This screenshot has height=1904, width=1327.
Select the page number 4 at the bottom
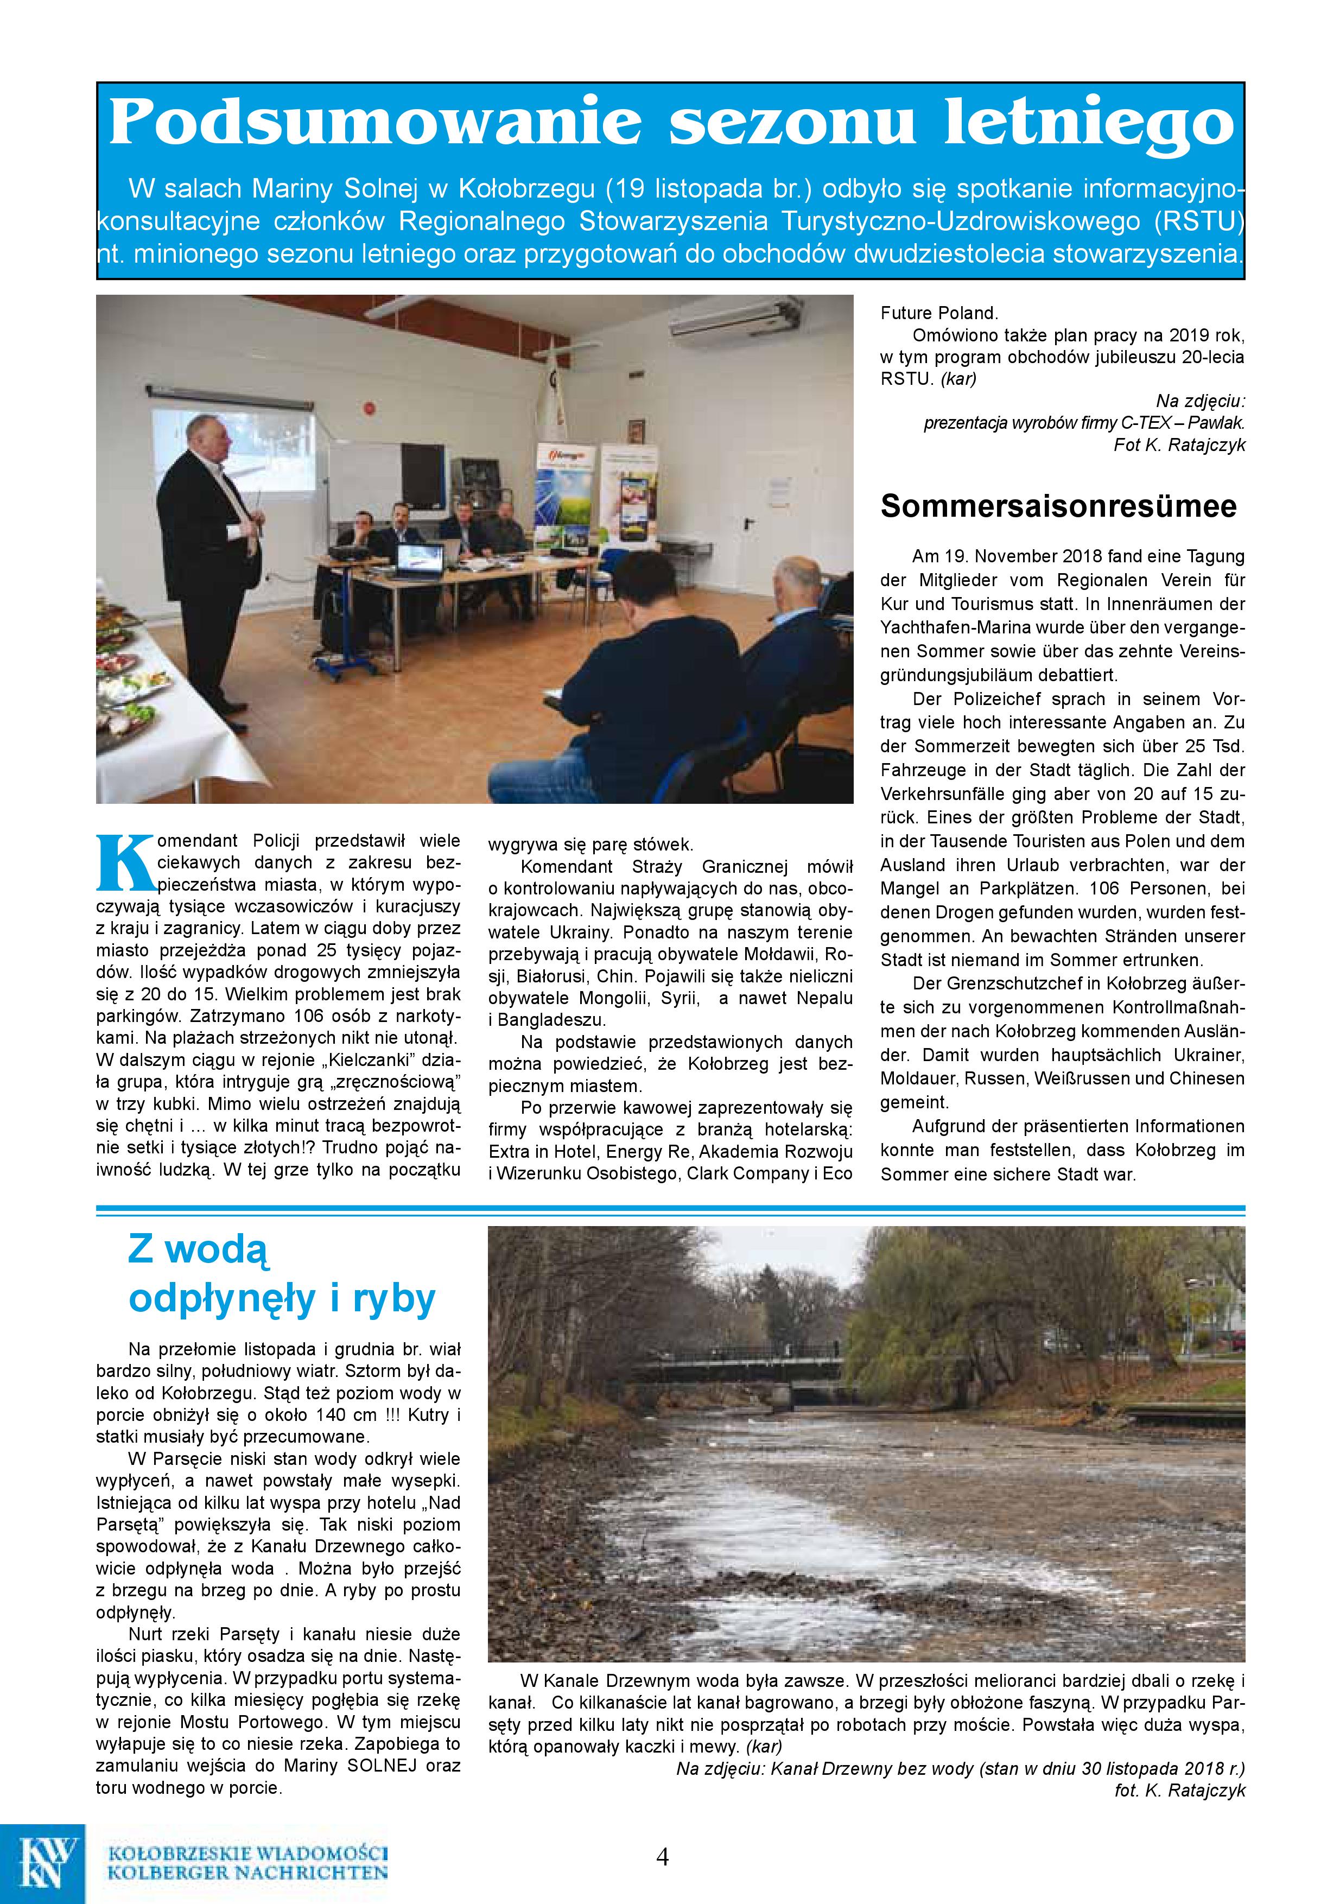tap(662, 1856)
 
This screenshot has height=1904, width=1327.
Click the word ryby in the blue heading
tap(394, 1299)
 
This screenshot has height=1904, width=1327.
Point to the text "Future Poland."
tap(939, 314)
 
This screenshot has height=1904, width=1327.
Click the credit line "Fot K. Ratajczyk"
tap(1179, 445)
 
